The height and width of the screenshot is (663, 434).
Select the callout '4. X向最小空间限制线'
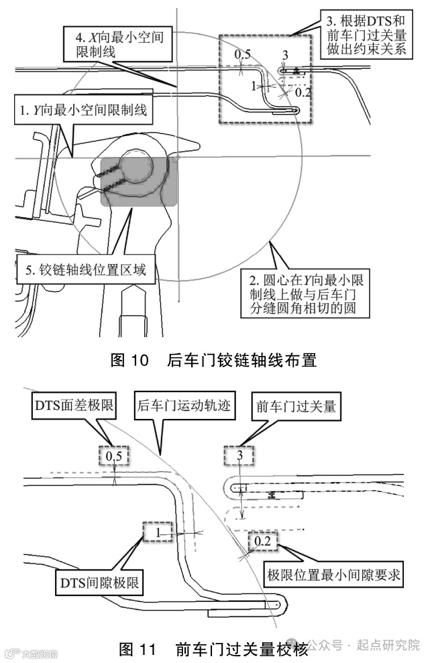coord(114,44)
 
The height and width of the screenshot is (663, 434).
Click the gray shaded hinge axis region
coord(139,181)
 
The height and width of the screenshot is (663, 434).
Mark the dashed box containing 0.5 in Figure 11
coord(114,457)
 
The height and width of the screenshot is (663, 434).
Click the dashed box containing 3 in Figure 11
coord(239,457)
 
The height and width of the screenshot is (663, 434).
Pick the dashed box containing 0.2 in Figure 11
coord(262,541)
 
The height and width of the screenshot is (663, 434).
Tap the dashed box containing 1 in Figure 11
coord(156,533)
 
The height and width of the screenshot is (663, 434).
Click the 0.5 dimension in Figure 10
coord(242,54)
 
